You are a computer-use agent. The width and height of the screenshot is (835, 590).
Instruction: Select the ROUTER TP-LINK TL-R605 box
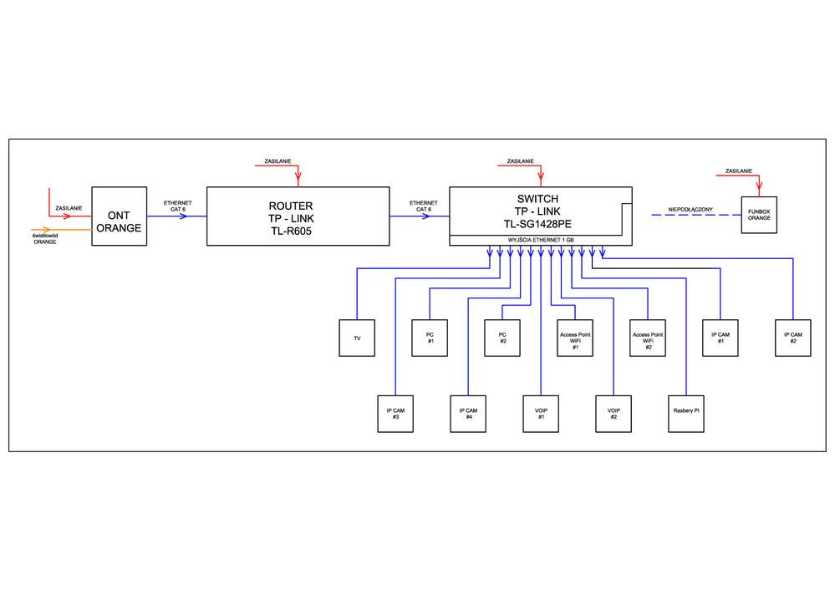[298, 216]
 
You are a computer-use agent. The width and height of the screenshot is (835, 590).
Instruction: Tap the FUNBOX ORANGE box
[759, 216]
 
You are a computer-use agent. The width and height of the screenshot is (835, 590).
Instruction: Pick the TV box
[357, 338]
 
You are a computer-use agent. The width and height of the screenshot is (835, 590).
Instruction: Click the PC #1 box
[430, 338]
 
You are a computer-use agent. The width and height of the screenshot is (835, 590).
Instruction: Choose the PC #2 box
[502, 338]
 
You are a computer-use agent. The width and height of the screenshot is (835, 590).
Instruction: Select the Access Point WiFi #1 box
[575, 338]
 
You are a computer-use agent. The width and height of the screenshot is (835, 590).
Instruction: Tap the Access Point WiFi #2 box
[648, 338]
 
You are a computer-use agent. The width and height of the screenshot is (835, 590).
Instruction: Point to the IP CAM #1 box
[720, 338]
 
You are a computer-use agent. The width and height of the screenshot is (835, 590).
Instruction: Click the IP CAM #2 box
[793, 338]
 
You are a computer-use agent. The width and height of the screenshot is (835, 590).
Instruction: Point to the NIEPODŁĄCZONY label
[690, 207]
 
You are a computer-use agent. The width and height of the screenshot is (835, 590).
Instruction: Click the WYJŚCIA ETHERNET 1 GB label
[541, 241]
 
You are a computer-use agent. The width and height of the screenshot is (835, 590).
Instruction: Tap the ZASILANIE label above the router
[277, 160]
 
